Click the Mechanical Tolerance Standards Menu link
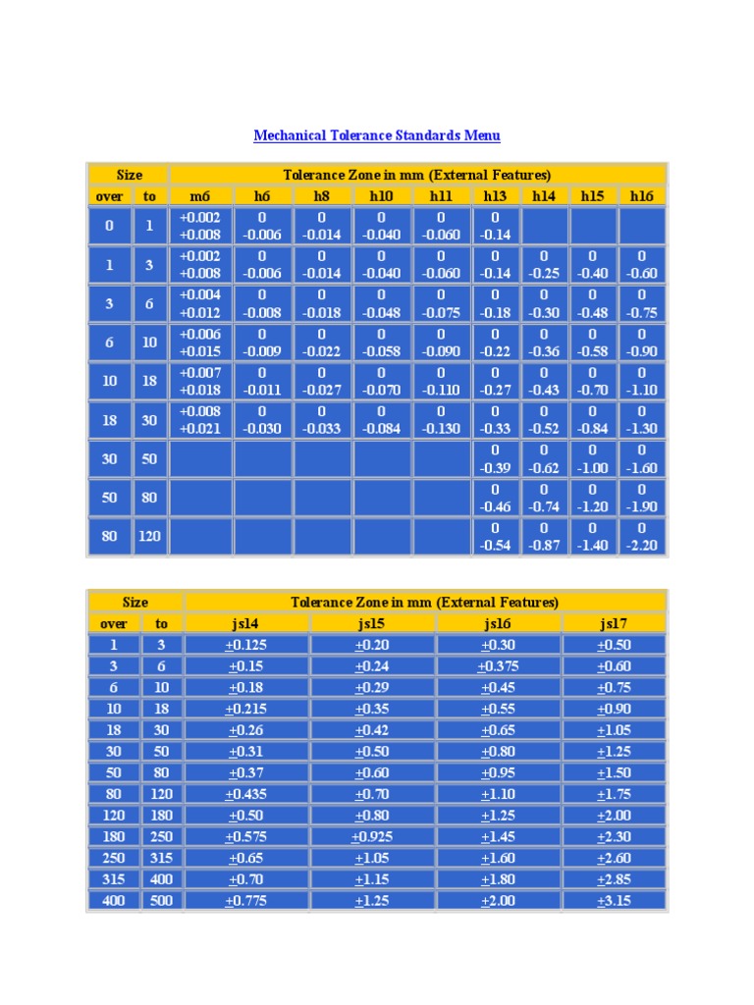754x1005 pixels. point(376,135)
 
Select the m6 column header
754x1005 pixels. point(200,196)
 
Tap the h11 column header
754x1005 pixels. point(440,196)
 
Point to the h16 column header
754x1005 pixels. point(642,196)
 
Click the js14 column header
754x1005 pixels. point(246,623)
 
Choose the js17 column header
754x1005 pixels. point(614,623)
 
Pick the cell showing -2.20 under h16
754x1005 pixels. point(642,537)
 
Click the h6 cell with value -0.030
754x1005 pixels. point(262,420)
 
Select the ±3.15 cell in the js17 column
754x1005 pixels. point(614,900)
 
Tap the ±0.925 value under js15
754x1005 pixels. point(372,836)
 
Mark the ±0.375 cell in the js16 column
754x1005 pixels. point(499,666)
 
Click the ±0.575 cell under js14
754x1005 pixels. point(246,836)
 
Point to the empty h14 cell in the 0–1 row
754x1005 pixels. point(544,226)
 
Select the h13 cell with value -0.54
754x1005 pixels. point(496,537)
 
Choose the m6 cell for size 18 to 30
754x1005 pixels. point(200,420)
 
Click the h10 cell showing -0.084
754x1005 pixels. point(381,420)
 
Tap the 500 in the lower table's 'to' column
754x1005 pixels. point(161,900)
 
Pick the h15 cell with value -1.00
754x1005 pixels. point(593,459)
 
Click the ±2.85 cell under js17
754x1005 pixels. point(614,879)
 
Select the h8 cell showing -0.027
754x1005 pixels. point(321,381)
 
